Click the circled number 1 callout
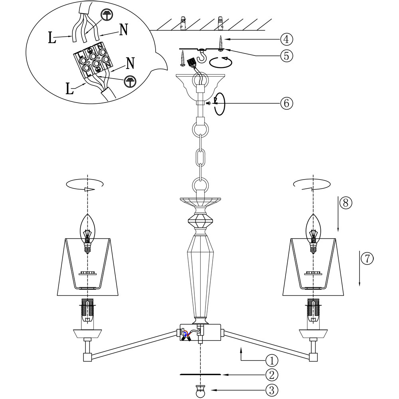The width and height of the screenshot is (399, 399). pyautogui.click(x=272, y=361)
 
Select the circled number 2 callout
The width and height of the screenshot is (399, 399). pyautogui.click(x=272, y=375)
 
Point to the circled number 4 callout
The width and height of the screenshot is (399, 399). pyautogui.click(x=286, y=39)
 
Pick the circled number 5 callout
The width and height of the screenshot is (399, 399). pyautogui.click(x=286, y=55)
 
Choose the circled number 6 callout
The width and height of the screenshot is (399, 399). pyautogui.click(x=286, y=103)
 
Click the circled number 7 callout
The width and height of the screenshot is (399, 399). pyautogui.click(x=367, y=258)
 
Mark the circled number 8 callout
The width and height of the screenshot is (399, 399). pyautogui.click(x=346, y=203)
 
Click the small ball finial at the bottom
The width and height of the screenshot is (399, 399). pyautogui.click(x=200, y=391)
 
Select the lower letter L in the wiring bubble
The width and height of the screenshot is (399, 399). pyautogui.click(x=70, y=89)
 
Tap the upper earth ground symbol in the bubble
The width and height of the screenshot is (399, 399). pyautogui.click(x=106, y=14)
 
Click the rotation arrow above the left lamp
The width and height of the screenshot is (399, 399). pyautogui.click(x=85, y=184)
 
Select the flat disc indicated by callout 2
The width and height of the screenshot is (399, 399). pyautogui.click(x=200, y=375)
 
